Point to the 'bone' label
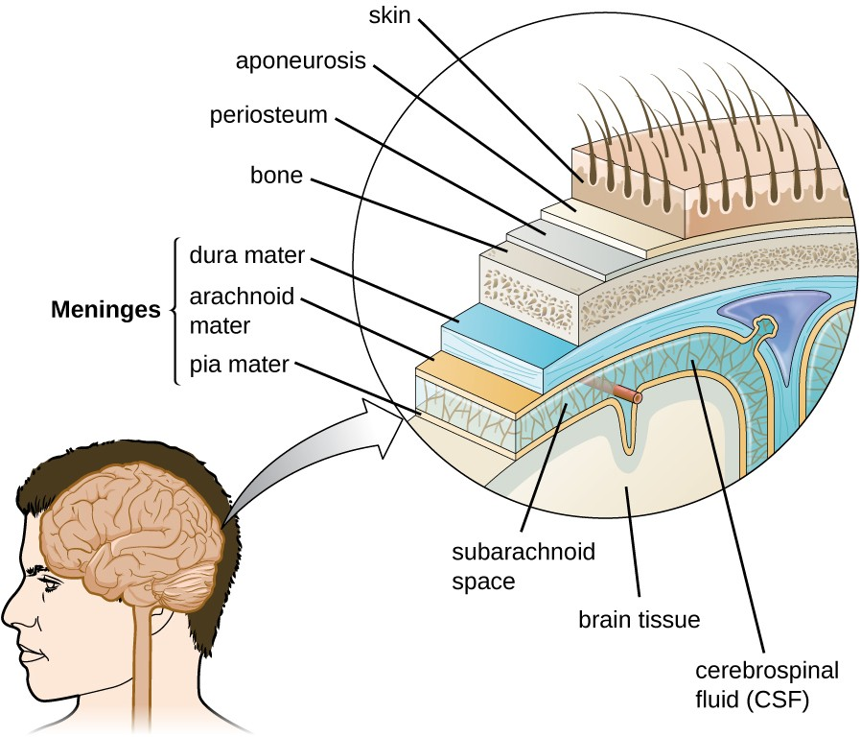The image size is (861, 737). click(x=276, y=176)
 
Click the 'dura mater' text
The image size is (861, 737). click(x=246, y=256)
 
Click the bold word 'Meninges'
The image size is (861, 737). click(x=105, y=310)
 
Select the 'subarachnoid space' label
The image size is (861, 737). click(x=524, y=565)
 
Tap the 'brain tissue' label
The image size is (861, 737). click(x=640, y=619)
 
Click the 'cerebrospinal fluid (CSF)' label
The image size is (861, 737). click(x=755, y=683)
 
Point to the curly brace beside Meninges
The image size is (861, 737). click(x=175, y=310)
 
